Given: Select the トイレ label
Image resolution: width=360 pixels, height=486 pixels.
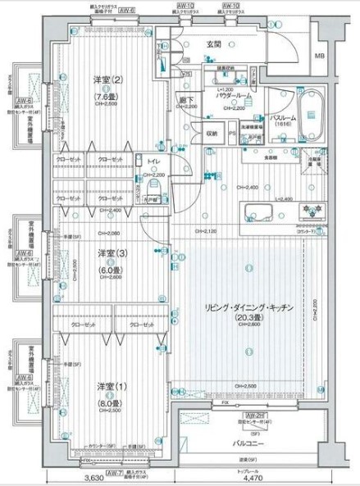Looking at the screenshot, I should (x=153, y=161).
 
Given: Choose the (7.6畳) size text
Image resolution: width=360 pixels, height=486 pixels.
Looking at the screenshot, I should (x=108, y=93).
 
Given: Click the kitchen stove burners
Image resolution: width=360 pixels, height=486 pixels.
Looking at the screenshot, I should (x=312, y=211).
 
